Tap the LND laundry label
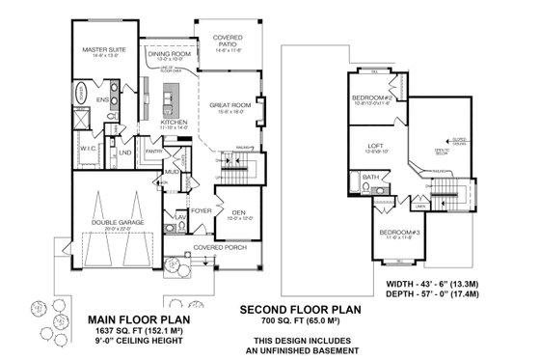[x=125, y=152]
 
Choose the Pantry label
[x=152, y=151]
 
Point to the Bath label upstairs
[x=369, y=178]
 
